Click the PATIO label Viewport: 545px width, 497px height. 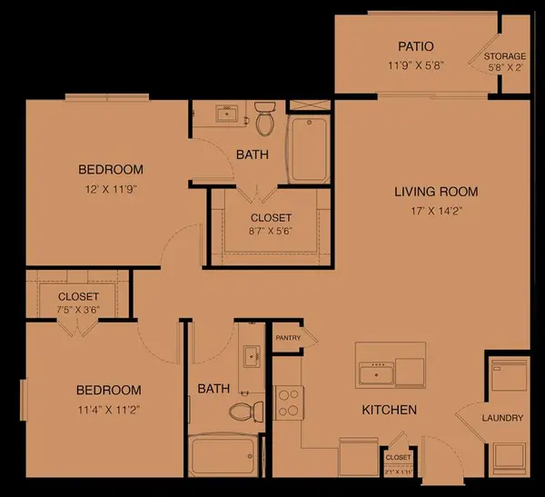(x=415, y=46)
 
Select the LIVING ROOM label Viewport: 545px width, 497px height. (x=435, y=192)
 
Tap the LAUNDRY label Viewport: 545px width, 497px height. (x=502, y=418)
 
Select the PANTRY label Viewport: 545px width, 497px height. (x=288, y=337)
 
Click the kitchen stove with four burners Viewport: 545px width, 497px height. (x=289, y=403)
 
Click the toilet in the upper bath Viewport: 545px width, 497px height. (x=264, y=117)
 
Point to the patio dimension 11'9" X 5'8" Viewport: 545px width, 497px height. (x=415, y=65)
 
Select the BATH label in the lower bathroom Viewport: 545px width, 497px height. (x=213, y=389)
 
